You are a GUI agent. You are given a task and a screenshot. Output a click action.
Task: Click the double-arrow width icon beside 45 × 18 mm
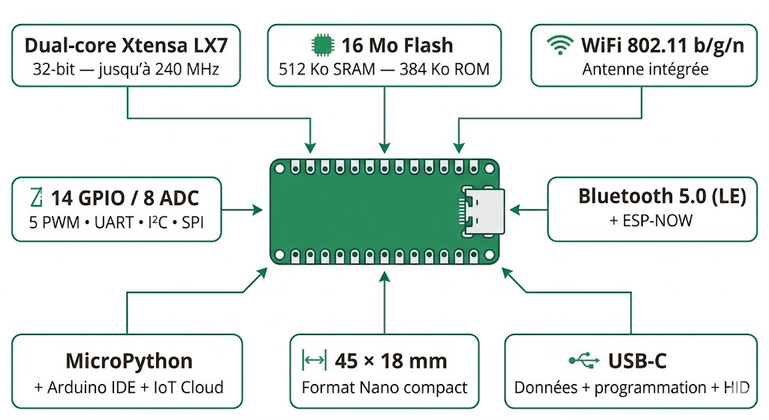(x=313, y=361)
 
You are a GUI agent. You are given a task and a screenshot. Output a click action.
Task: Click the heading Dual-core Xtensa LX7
(x=125, y=45)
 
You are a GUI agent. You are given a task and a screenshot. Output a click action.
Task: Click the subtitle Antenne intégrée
(x=645, y=70)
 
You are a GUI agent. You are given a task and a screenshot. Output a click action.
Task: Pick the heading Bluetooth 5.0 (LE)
(x=662, y=196)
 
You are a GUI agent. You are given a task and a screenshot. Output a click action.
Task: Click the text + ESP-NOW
(x=652, y=221)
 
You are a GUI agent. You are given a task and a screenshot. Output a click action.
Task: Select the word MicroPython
(x=129, y=361)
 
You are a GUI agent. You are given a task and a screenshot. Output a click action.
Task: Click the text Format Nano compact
(x=384, y=388)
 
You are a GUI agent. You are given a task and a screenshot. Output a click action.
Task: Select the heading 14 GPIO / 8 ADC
(x=125, y=198)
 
